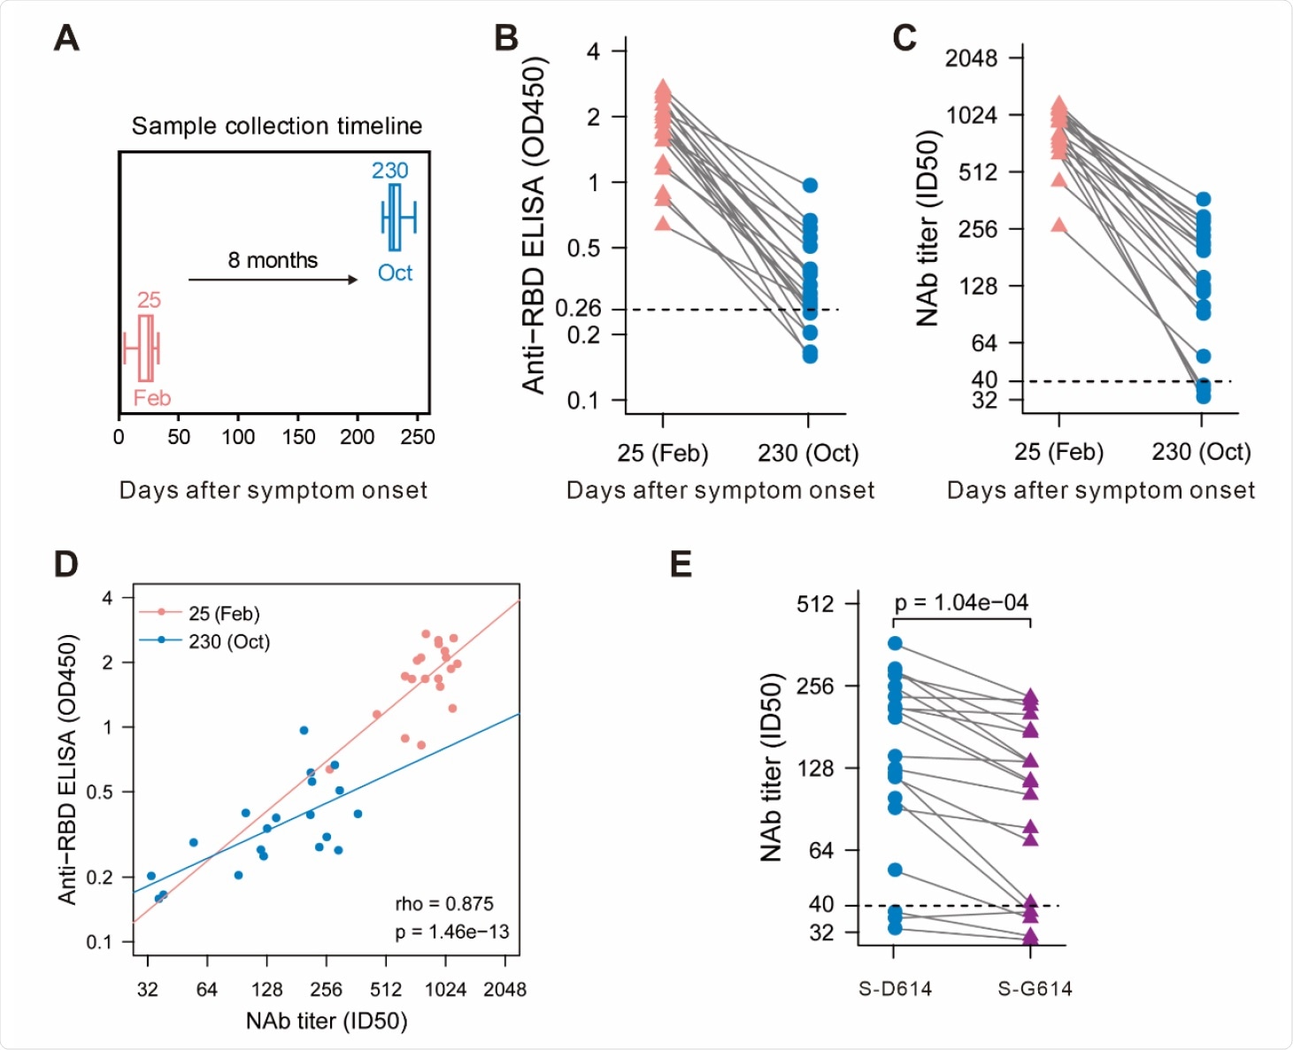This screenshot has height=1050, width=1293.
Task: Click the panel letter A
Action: (66, 39)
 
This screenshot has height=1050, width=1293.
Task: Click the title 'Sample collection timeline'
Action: (276, 126)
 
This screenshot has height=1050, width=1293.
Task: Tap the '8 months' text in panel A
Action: (273, 260)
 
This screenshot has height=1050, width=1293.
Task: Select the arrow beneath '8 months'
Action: (273, 280)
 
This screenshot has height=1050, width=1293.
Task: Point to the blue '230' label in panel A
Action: (389, 171)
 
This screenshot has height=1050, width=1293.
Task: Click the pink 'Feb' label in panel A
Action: (151, 398)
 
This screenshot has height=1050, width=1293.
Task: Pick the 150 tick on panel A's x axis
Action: (298, 437)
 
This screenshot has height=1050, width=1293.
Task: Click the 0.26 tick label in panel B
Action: (577, 308)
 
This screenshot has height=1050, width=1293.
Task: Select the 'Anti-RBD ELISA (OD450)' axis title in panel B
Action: (534, 226)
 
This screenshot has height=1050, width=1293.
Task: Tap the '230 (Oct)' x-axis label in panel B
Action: (807, 453)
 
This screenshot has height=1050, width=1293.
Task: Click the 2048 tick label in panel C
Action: (971, 58)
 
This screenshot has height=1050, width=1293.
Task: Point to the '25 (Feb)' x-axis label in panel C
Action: (1058, 452)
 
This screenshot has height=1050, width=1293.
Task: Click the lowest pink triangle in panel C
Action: (1059, 225)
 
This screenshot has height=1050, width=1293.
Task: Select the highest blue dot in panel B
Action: (810, 186)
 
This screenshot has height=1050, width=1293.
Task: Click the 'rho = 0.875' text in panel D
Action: (443, 903)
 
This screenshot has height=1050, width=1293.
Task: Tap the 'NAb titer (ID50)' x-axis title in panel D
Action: (327, 1021)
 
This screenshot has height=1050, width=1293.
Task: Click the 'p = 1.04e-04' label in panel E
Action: (961, 602)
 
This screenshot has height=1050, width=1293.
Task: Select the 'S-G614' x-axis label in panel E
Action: (1035, 989)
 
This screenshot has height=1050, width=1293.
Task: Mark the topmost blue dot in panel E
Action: (895, 643)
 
